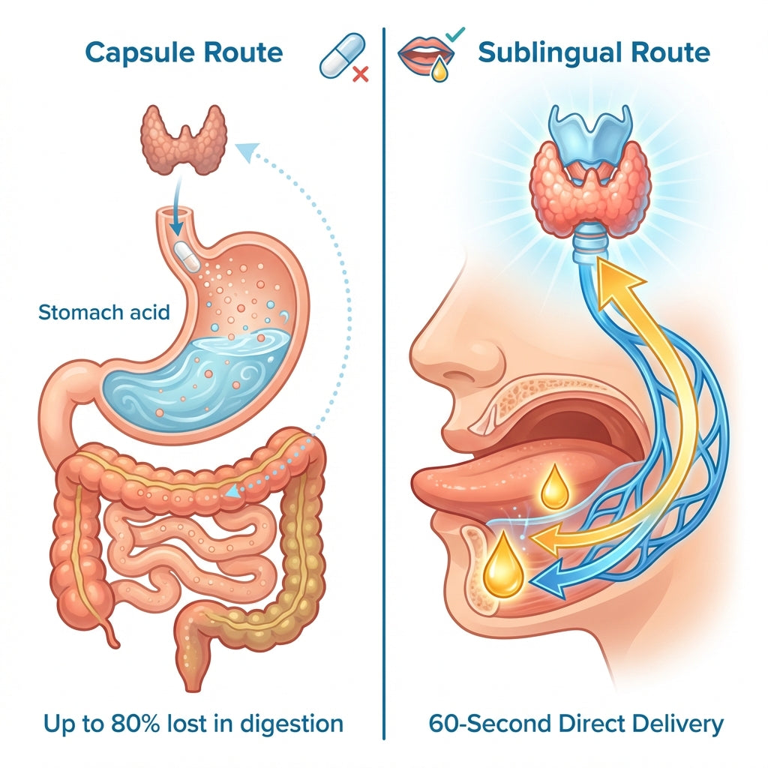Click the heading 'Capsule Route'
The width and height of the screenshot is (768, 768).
[184, 53]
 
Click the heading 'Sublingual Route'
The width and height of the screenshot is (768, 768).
[594, 53]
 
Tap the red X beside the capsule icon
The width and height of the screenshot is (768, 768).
[361, 74]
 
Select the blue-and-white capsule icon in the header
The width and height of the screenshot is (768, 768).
[342, 55]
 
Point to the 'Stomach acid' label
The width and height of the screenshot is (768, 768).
[103, 312]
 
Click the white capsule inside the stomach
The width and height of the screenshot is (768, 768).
[187, 256]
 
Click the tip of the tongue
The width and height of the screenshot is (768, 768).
[415, 482]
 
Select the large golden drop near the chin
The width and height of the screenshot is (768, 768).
[504, 566]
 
